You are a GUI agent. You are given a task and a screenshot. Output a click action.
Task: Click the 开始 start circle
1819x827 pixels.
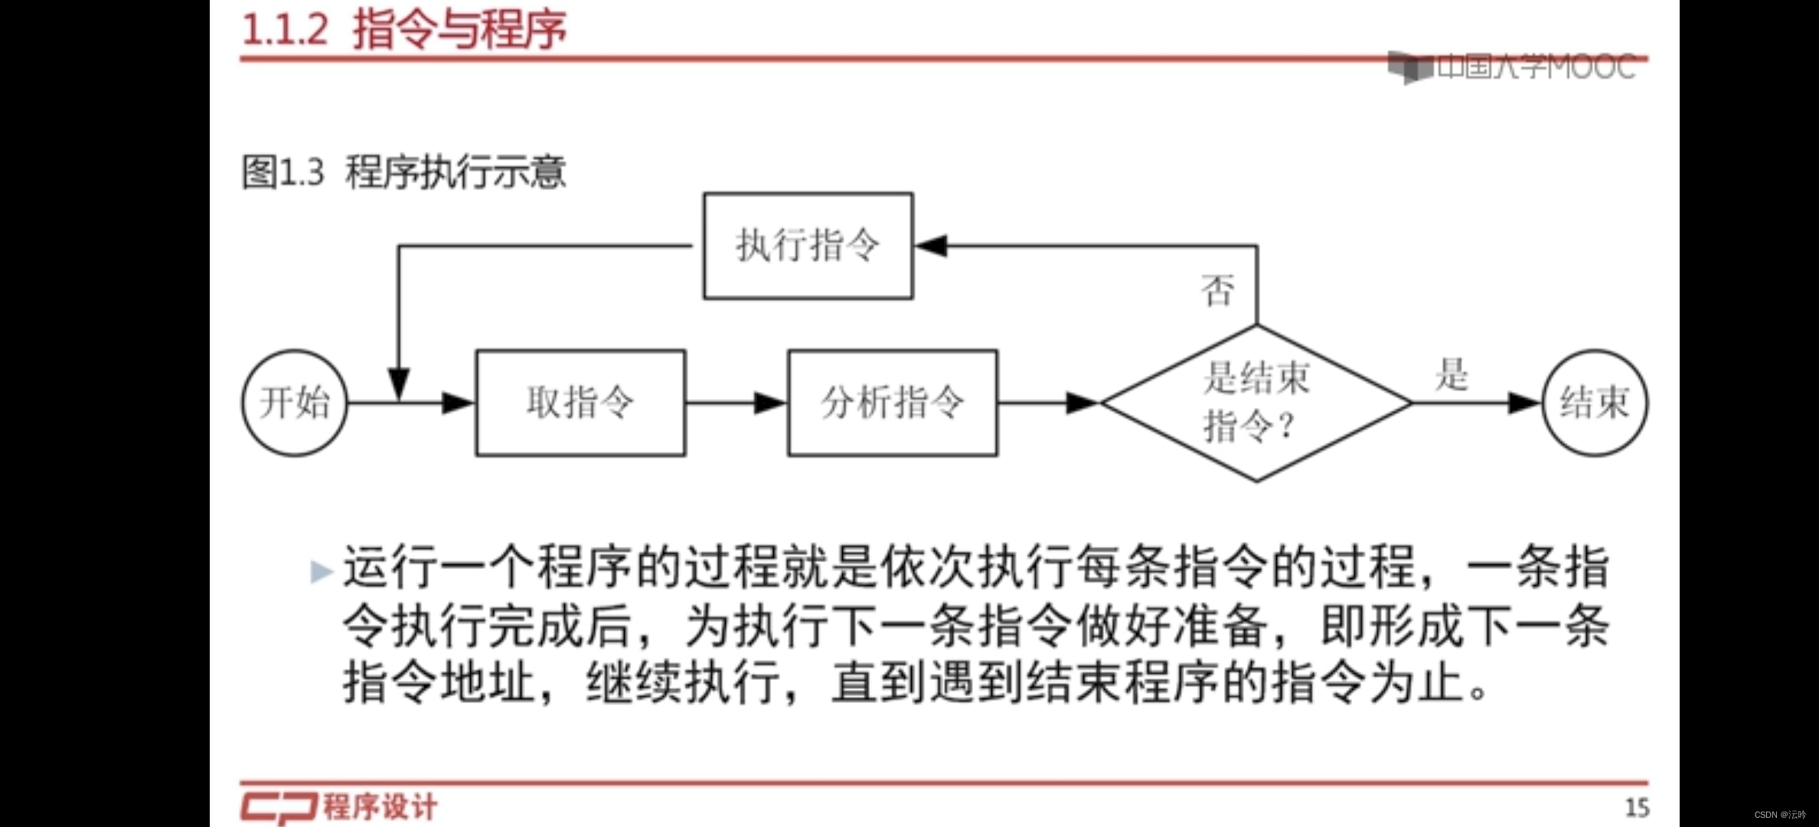(x=295, y=403)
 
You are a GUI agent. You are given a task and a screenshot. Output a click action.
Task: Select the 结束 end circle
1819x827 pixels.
(x=1595, y=403)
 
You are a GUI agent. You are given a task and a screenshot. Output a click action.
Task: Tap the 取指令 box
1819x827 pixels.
(x=580, y=403)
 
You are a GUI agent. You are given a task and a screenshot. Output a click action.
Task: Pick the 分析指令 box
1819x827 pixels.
(x=893, y=403)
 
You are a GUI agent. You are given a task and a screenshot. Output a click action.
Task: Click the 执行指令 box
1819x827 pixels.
(x=808, y=246)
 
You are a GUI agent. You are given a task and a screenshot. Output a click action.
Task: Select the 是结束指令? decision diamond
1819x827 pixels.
(x=1256, y=403)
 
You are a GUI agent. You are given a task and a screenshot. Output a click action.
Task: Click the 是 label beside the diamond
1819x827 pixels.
(x=1452, y=375)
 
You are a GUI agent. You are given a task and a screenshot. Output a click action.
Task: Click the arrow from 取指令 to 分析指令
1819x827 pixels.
(x=736, y=403)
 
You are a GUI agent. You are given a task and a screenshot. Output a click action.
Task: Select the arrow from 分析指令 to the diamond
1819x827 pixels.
(x=1049, y=403)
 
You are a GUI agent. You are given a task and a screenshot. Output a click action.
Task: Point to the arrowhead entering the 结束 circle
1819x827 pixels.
(x=1523, y=403)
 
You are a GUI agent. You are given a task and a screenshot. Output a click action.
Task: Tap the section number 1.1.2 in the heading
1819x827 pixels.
(x=285, y=30)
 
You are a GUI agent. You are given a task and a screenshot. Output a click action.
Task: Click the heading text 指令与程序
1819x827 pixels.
(x=459, y=30)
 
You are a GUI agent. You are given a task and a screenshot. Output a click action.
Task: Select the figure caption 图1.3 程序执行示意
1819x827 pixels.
(x=403, y=172)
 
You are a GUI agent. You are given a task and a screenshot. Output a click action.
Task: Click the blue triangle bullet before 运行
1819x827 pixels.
(x=321, y=571)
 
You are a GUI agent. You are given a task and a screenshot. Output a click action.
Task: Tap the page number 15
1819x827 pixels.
(x=1637, y=808)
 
